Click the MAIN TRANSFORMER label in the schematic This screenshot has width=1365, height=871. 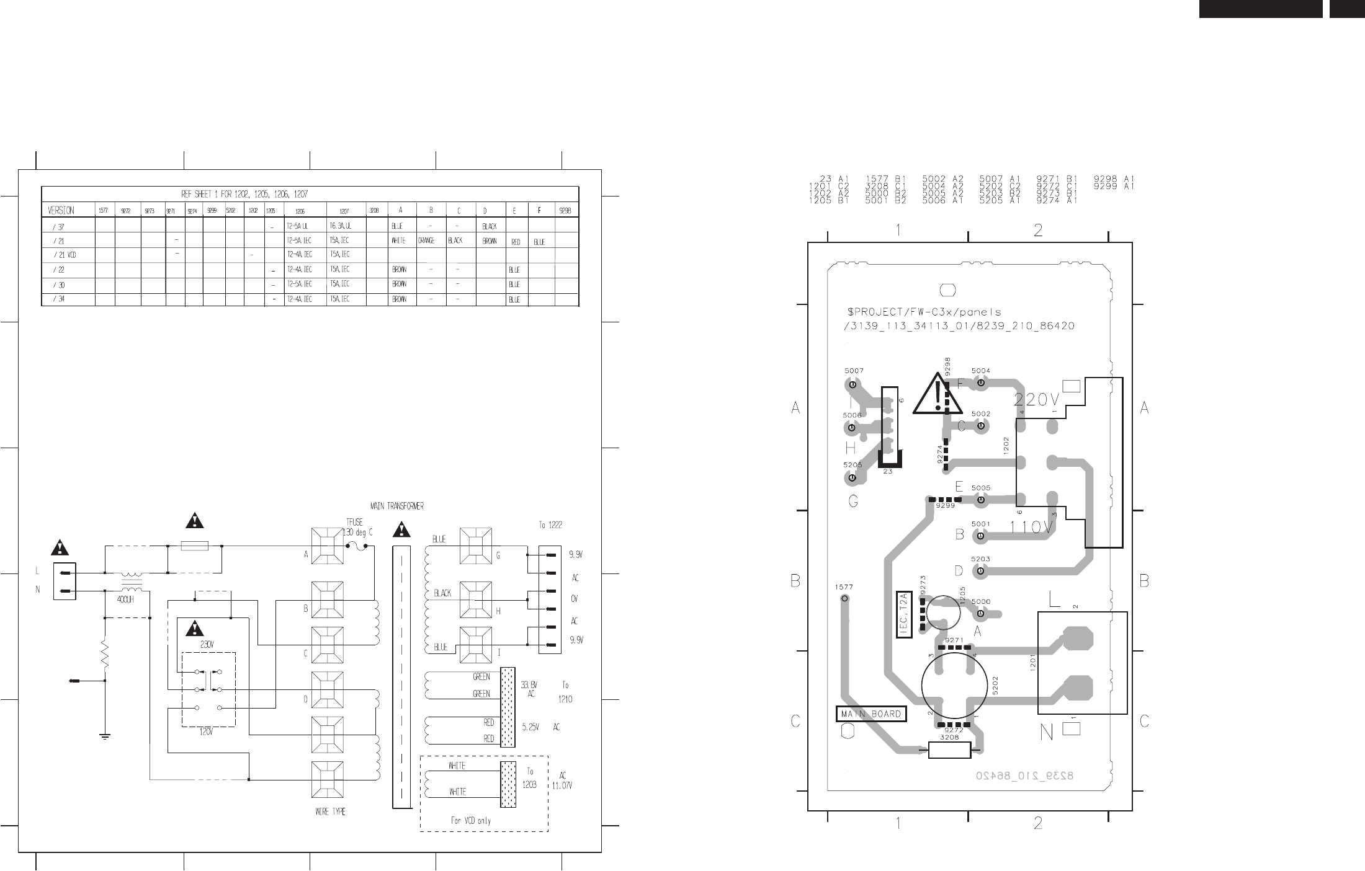tap(397, 506)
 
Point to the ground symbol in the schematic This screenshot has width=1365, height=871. tap(105, 736)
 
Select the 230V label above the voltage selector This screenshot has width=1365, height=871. tap(206, 644)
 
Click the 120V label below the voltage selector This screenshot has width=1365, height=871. tap(206, 732)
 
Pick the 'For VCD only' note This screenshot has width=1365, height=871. tap(470, 821)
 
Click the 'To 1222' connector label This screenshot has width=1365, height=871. tap(550, 525)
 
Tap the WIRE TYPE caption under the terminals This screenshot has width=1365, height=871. tap(330, 811)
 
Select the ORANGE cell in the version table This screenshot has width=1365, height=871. tap(426, 241)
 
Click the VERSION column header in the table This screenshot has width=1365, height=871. tap(61, 210)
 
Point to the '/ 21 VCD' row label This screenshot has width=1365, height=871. tap(65, 255)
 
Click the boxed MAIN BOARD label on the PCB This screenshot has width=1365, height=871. tap(870, 714)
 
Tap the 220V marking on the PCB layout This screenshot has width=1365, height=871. tap(1037, 400)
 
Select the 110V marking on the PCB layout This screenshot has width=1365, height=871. tap(1031, 528)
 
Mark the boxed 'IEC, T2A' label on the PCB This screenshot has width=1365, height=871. tap(904, 615)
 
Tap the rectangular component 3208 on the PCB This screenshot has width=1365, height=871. tap(949, 750)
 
